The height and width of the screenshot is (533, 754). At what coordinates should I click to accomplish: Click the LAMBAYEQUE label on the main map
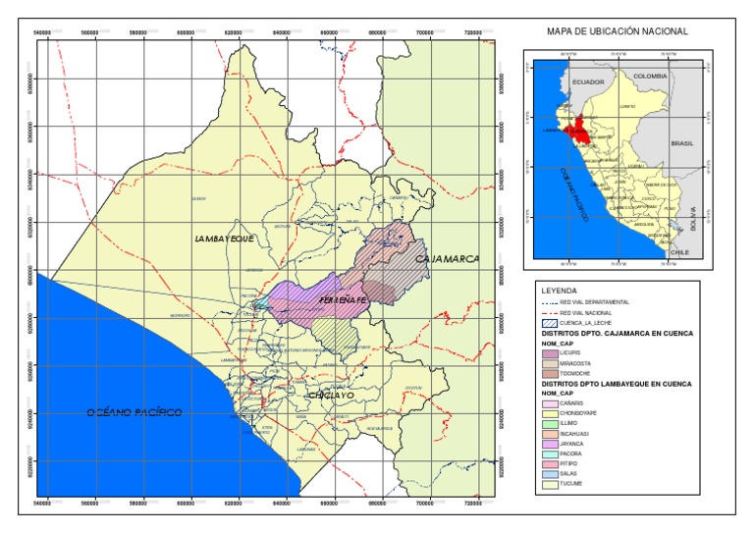pos(225,239)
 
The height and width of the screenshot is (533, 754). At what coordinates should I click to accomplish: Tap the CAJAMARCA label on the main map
pos(447,258)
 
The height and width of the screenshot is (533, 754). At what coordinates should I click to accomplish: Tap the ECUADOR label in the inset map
pos(588,82)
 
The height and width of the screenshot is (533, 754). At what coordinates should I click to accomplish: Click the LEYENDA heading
pos(557,291)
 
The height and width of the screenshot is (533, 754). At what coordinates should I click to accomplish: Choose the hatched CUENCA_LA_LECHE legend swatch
pos(550,322)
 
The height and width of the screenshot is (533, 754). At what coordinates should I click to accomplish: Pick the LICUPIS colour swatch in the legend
pos(550,352)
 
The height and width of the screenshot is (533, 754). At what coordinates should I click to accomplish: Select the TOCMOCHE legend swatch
pos(550,373)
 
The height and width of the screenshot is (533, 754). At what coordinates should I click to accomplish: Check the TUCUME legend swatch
pos(550,484)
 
